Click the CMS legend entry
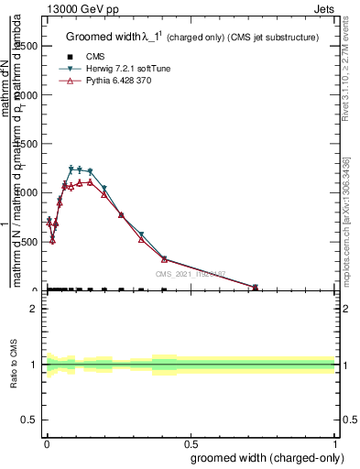pos(96,56)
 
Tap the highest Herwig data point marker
pos(71,169)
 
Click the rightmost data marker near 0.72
pos(255,287)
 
